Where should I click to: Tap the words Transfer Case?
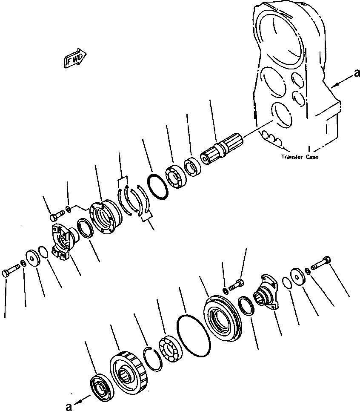299,157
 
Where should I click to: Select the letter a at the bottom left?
68,406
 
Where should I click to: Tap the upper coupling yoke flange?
62,242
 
